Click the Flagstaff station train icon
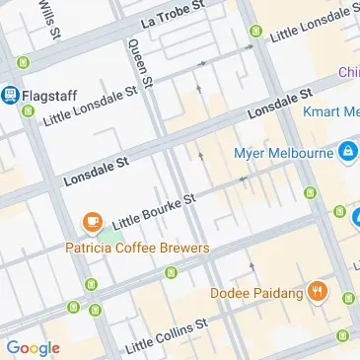click(11, 95)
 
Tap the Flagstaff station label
click(50, 95)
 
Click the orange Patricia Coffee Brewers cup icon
click(93, 222)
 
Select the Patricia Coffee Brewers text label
click(137, 248)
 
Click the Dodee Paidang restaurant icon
click(318, 292)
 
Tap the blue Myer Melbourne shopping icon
click(347, 153)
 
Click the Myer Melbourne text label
click(283, 154)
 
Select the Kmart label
click(332, 112)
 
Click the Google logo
click(33, 347)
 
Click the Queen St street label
click(140, 67)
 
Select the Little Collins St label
click(167, 336)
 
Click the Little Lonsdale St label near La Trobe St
click(314, 26)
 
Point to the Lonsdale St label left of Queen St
click(97, 170)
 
